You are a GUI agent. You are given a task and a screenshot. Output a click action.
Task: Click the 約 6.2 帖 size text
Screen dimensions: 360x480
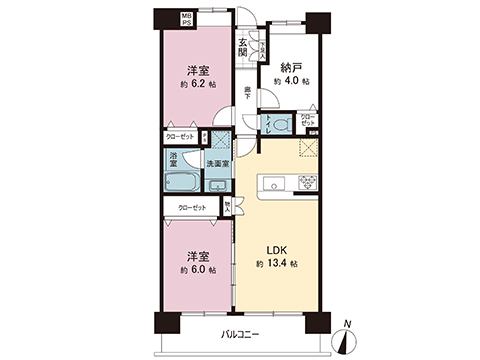196,84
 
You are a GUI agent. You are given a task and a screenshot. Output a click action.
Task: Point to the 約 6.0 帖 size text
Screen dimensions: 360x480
195,271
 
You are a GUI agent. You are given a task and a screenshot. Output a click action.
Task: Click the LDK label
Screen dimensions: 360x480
278,250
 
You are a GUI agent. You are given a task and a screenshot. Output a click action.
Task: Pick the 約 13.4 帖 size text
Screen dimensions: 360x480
278,264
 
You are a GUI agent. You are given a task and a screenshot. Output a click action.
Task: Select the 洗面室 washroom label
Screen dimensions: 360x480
217,163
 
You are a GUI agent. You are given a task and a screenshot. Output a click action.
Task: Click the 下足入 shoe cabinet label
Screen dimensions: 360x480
264,45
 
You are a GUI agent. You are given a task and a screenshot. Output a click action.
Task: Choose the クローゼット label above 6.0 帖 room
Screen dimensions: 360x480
193,207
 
